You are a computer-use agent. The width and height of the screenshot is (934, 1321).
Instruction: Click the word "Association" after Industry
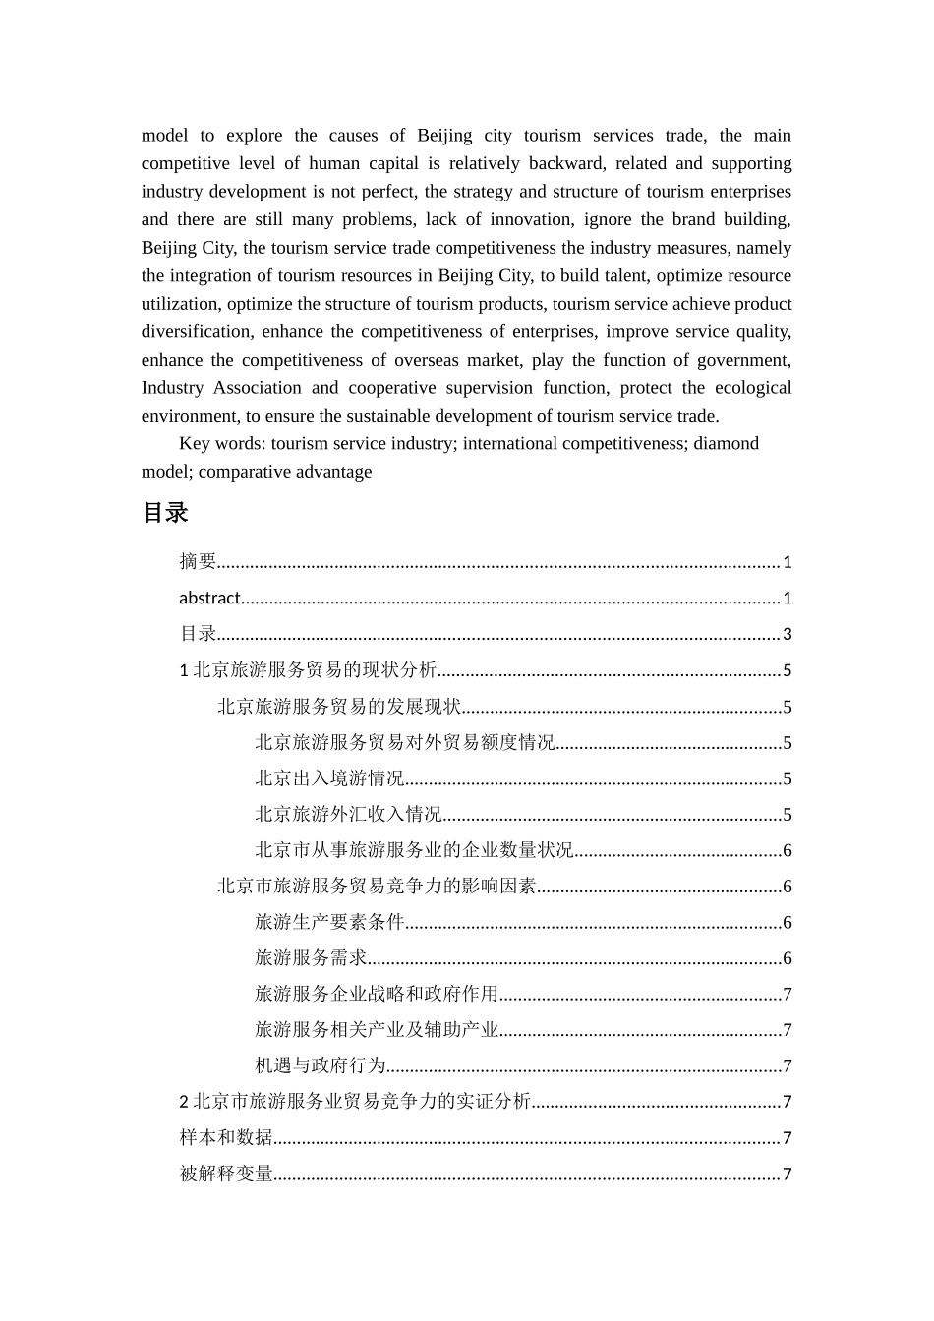coord(258,387)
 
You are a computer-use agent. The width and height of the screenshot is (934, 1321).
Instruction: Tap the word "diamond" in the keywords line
coord(726,443)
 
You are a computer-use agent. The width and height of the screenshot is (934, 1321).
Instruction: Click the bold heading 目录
coord(164,513)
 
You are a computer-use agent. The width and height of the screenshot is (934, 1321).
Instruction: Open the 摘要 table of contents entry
coord(198,561)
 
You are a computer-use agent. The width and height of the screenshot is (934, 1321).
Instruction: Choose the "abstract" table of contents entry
coord(209,598)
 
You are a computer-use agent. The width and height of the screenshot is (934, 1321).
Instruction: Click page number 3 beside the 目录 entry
coord(787,634)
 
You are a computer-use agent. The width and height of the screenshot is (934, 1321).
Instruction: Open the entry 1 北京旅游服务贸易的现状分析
coord(308,670)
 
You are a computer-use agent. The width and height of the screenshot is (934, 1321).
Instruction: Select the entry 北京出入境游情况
coord(329,778)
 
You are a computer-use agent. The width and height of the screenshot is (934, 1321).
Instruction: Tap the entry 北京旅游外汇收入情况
coord(348,814)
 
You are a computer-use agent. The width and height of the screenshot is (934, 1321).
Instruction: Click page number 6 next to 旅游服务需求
coord(787,958)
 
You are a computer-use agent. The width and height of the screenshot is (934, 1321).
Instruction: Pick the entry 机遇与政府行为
coord(321,1065)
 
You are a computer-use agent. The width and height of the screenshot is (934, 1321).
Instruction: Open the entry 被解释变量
coord(226,1174)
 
